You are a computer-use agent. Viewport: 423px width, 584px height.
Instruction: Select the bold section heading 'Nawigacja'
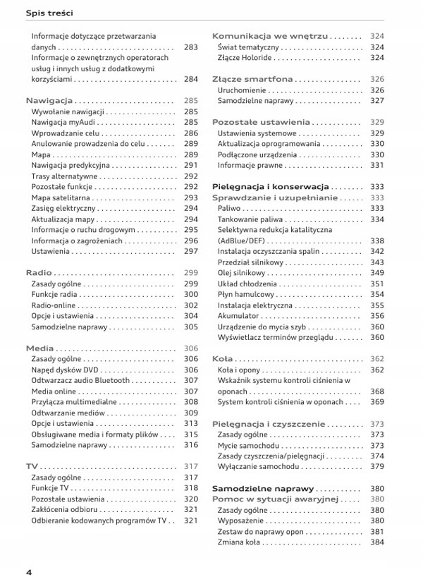[x=49, y=101]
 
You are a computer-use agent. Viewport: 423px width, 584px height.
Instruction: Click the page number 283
[x=190, y=47]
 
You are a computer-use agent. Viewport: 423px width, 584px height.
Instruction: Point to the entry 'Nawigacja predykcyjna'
[x=71, y=165]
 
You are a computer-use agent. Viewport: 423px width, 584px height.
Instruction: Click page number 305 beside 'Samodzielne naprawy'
[x=190, y=327]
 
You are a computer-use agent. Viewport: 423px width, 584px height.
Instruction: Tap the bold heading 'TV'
[x=32, y=467]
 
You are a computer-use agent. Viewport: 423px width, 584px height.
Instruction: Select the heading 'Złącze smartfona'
[x=252, y=79]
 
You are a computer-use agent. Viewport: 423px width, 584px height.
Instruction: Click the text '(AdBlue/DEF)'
[x=241, y=241]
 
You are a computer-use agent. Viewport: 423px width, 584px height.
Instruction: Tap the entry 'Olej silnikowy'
[x=242, y=273]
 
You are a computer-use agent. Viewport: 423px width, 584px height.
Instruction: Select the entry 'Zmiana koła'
[x=239, y=542]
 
